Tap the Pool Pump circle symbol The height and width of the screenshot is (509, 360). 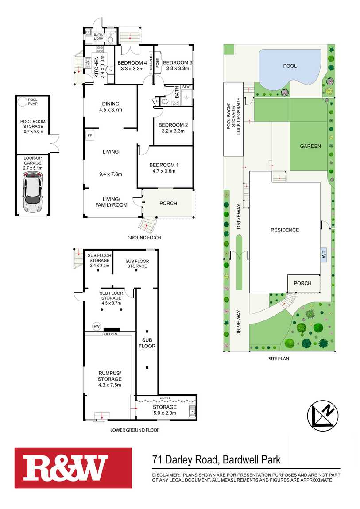[x=22, y=102]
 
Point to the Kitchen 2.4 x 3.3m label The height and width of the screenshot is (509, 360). [x=100, y=66]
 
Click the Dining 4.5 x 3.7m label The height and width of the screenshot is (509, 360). [x=110, y=107]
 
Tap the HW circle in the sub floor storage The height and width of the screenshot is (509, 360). [x=96, y=327]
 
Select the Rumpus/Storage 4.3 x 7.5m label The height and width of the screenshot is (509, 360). [x=109, y=379]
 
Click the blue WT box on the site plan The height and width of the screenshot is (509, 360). [x=324, y=255]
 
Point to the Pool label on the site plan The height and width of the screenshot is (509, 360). [x=290, y=66]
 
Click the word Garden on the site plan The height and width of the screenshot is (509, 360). [x=310, y=146]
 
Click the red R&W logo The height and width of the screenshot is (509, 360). [x=73, y=468]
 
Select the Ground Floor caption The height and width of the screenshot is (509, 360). [x=144, y=238]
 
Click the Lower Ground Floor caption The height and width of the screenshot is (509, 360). [x=135, y=430]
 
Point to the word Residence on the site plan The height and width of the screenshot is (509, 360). [x=285, y=230]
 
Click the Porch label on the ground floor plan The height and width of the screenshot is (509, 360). [x=168, y=204]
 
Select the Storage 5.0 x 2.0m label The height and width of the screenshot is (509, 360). [x=165, y=410]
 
